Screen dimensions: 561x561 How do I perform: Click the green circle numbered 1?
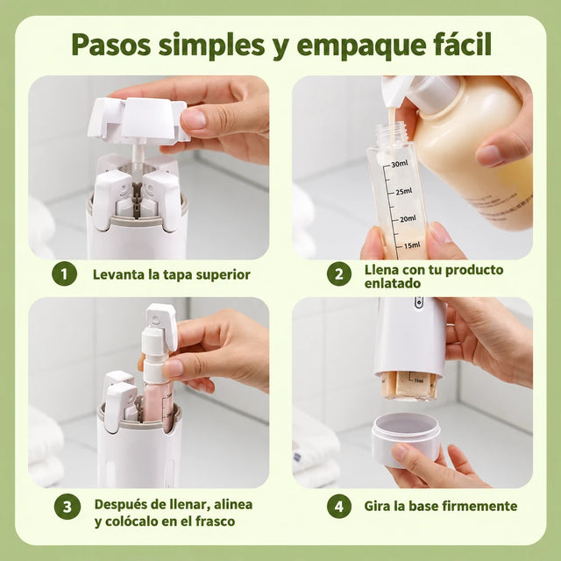tap(64, 274)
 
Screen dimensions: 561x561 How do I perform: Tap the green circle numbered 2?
tap(339, 274)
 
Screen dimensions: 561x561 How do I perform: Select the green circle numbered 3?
tap(67, 507)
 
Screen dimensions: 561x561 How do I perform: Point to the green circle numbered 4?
tap(339, 506)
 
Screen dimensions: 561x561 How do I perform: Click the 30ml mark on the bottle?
tap(400, 164)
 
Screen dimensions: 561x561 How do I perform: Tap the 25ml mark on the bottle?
tap(404, 191)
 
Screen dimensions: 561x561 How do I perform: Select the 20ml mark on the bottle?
tap(408, 218)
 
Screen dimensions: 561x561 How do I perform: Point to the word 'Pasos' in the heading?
tap(111, 45)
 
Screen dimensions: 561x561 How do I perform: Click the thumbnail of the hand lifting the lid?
tap(149, 167)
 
